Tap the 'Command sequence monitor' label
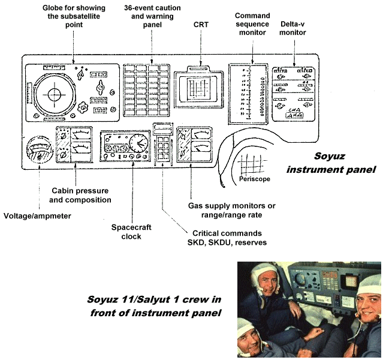252,24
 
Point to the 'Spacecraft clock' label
126,232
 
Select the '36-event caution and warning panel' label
152,16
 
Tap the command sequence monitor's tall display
252,93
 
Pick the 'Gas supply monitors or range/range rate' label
232,211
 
